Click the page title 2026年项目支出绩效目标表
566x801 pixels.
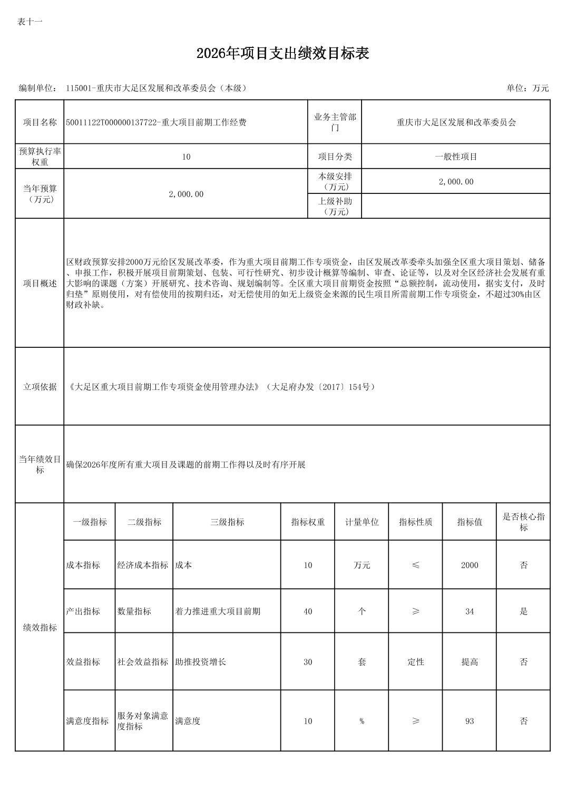pyautogui.click(x=282, y=53)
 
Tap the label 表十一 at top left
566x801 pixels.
pyautogui.click(x=30, y=22)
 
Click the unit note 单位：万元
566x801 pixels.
pyautogui.click(x=528, y=88)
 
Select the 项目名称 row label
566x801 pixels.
pyautogui.click(x=40, y=122)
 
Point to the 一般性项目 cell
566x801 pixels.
pyautogui.click(x=456, y=157)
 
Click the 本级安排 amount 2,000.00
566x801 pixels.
pyautogui.click(x=456, y=182)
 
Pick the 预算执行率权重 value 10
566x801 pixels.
pyautogui.click(x=186, y=157)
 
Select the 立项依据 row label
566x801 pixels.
pyautogui.click(x=40, y=387)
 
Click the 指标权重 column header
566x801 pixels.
pyautogui.click(x=308, y=522)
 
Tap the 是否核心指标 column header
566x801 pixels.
pyautogui.click(x=523, y=522)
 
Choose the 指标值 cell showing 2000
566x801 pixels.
pyautogui.click(x=470, y=565)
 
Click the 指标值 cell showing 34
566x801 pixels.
pyautogui.click(x=470, y=611)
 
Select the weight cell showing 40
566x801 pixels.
pyautogui.click(x=308, y=611)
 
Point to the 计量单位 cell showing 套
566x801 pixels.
pyautogui.click(x=362, y=662)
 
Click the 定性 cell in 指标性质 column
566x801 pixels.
pyautogui.click(x=416, y=662)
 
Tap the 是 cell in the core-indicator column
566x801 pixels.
pyautogui.click(x=523, y=611)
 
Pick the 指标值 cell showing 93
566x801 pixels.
pyautogui.click(x=470, y=721)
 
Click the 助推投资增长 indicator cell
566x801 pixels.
pyautogui.click(x=201, y=662)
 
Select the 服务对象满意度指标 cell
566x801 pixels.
pyautogui.click(x=143, y=721)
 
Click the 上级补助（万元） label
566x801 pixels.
pyautogui.click(x=335, y=206)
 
